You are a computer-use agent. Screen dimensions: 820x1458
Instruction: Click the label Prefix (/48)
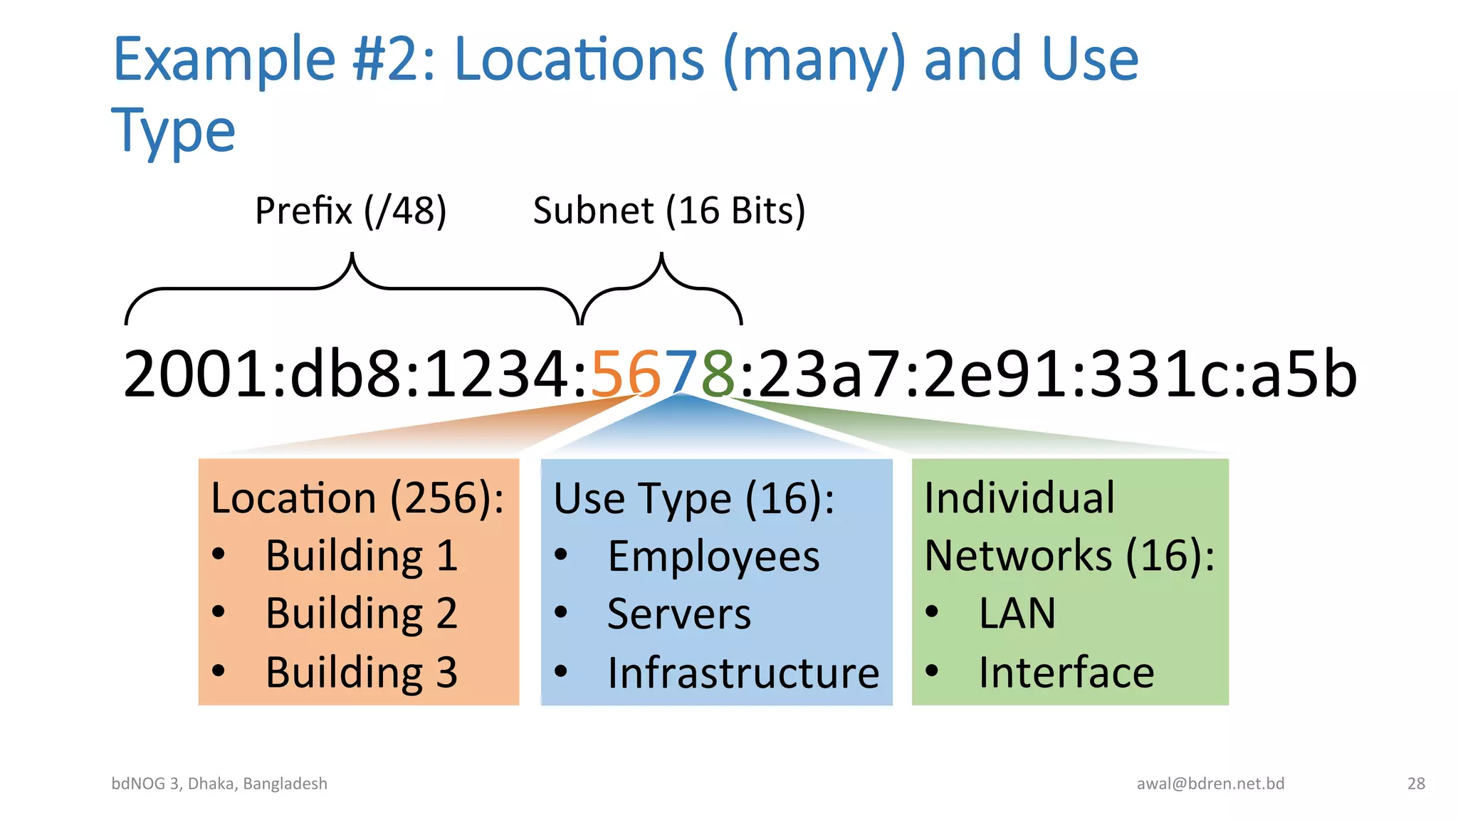[350, 211]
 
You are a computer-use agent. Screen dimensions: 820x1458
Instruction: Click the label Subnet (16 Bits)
[668, 211]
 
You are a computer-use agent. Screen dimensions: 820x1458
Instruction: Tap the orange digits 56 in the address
[626, 374]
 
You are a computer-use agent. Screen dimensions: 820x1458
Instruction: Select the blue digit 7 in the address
[682, 374]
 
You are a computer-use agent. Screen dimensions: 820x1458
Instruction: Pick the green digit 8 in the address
[718, 374]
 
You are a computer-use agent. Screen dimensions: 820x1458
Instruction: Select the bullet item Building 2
[361, 614]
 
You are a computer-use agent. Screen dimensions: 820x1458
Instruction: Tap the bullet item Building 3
[361, 672]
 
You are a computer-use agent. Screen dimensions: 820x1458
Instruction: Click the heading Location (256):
[357, 498]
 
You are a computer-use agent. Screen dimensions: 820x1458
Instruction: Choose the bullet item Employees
[713, 557]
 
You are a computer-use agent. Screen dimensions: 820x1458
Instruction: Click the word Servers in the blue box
[679, 614]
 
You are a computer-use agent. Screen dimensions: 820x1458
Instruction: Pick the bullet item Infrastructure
[743, 673]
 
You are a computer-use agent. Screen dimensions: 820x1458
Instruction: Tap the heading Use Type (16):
[693, 498]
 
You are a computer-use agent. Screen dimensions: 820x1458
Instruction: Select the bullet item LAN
[1017, 614]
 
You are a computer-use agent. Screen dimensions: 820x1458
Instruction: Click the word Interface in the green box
[1066, 672]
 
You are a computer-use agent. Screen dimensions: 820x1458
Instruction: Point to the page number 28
[1416, 784]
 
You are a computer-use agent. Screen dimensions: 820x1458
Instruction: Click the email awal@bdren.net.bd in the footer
[1210, 784]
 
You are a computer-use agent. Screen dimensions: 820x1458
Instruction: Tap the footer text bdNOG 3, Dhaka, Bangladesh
[219, 784]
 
